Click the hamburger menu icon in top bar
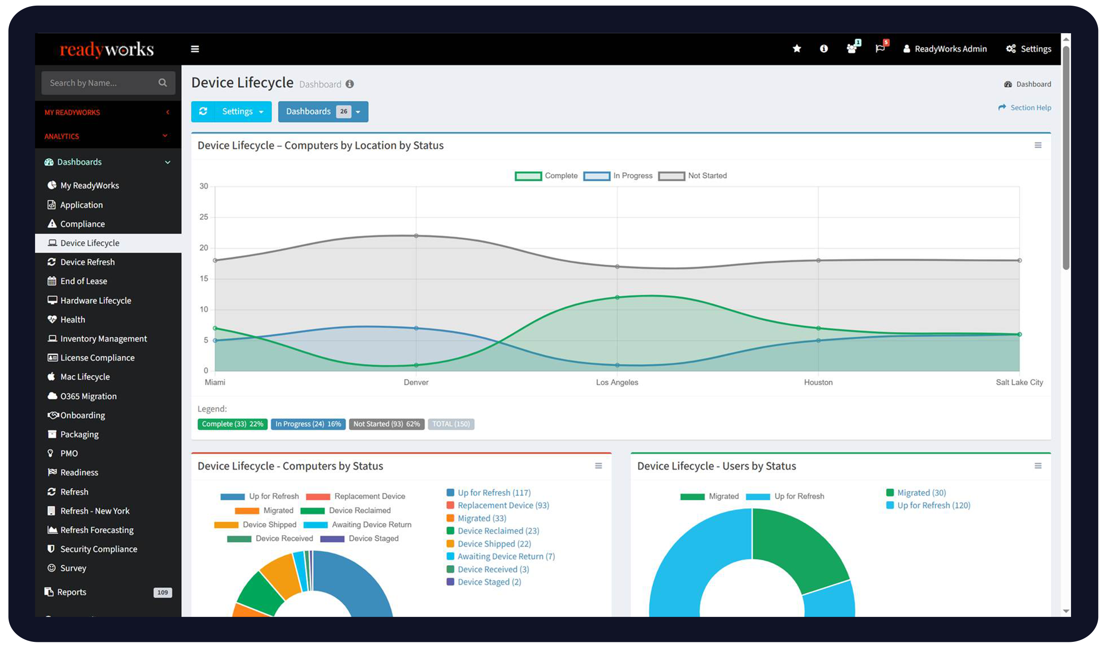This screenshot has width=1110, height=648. [195, 49]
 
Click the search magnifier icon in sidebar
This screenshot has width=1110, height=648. [162, 83]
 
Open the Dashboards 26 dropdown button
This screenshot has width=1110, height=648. [323, 112]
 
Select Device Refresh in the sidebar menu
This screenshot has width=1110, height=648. [87, 262]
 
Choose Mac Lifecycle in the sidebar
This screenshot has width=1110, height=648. [85, 377]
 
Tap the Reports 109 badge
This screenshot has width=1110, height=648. [162, 592]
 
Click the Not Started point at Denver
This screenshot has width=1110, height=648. [416, 236]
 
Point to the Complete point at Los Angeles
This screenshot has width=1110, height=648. [617, 297]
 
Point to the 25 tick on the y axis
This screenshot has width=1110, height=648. [204, 217]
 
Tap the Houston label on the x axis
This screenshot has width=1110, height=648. [818, 382]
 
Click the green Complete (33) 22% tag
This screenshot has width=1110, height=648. [232, 424]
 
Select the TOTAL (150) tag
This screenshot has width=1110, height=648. [451, 424]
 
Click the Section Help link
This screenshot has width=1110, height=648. [1030, 108]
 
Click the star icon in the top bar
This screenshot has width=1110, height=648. [797, 49]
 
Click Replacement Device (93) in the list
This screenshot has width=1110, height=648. [503, 506]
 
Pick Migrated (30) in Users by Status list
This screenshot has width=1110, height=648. [921, 493]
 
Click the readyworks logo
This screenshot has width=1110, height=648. [106, 49]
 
